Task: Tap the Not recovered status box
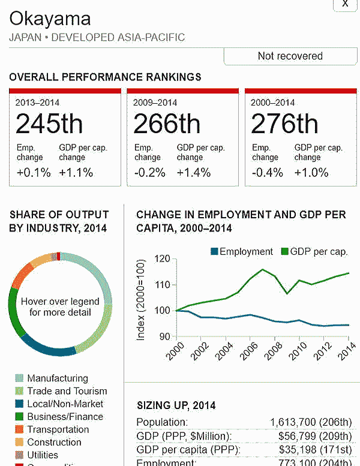[290, 56]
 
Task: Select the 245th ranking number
[49, 124]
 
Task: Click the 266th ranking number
[167, 124]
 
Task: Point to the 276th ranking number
[284, 124]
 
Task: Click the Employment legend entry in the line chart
[241, 252]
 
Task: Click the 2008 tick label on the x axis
[271, 351]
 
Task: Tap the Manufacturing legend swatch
[19, 378]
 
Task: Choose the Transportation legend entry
[58, 429]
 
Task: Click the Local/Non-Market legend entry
[65, 404]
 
